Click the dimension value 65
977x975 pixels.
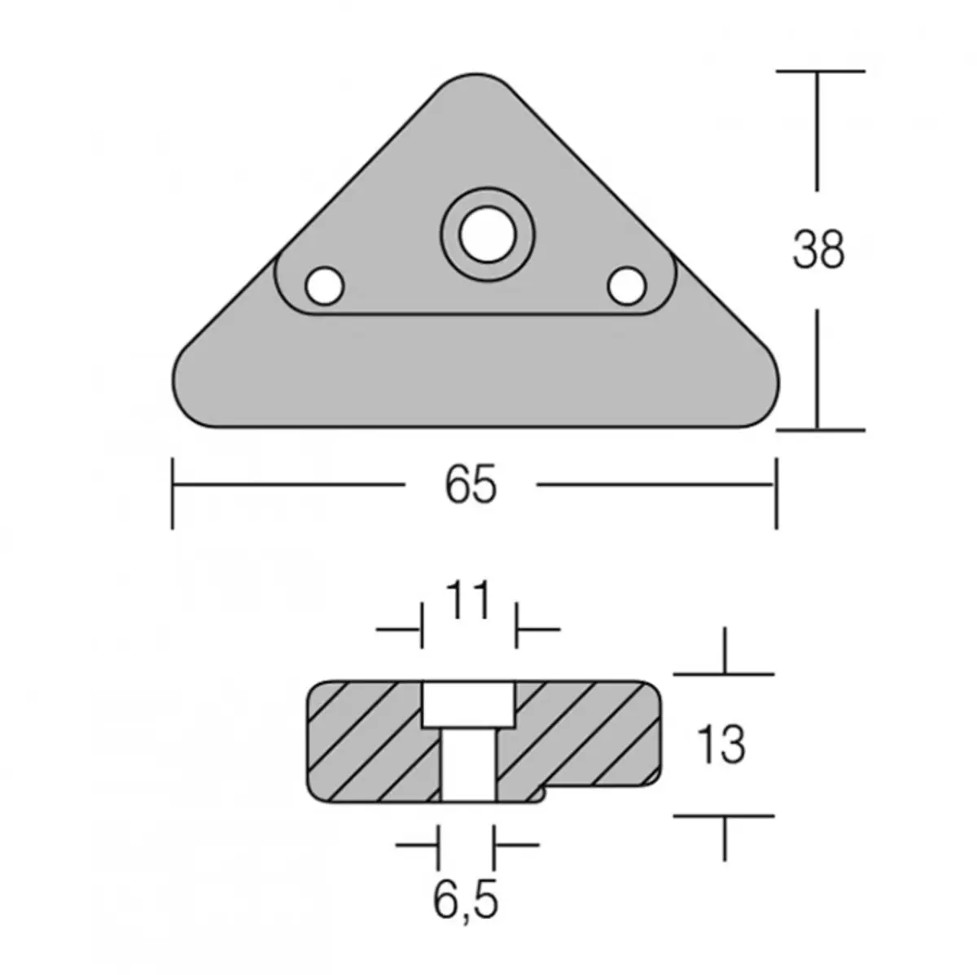(x=471, y=486)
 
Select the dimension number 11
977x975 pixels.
(x=470, y=603)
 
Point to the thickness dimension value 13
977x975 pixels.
(x=721, y=744)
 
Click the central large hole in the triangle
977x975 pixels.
(x=486, y=234)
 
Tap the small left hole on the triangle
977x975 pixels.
(x=324, y=285)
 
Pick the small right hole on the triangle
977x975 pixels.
(x=627, y=285)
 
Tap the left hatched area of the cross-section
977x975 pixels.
(x=366, y=741)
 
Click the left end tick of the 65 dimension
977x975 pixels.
(x=173, y=492)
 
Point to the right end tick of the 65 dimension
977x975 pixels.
(x=776, y=492)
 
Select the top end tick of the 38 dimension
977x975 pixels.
(x=819, y=72)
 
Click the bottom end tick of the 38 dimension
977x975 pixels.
(x=819, y=429)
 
